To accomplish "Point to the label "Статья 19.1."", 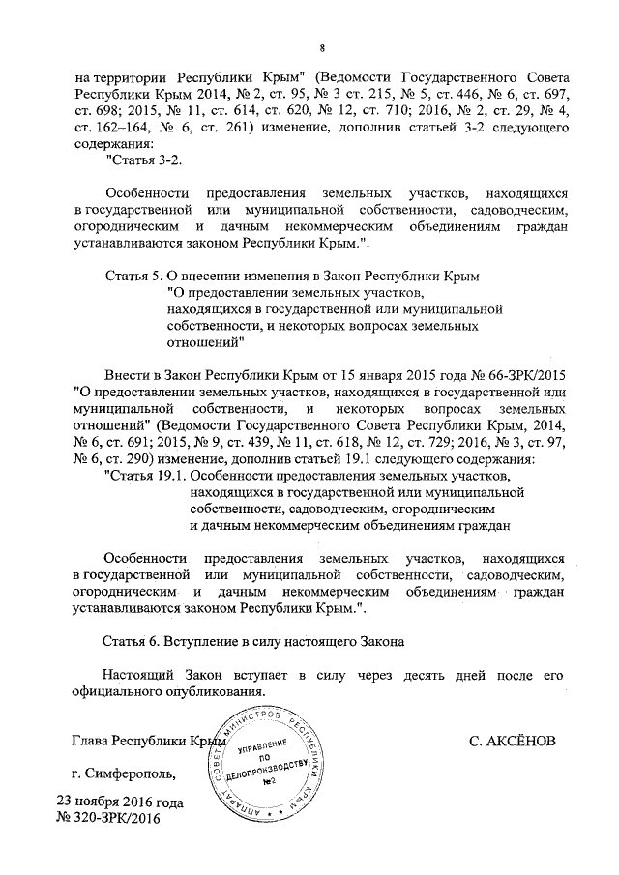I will [145, 478].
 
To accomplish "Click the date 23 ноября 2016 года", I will [118, 802].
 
